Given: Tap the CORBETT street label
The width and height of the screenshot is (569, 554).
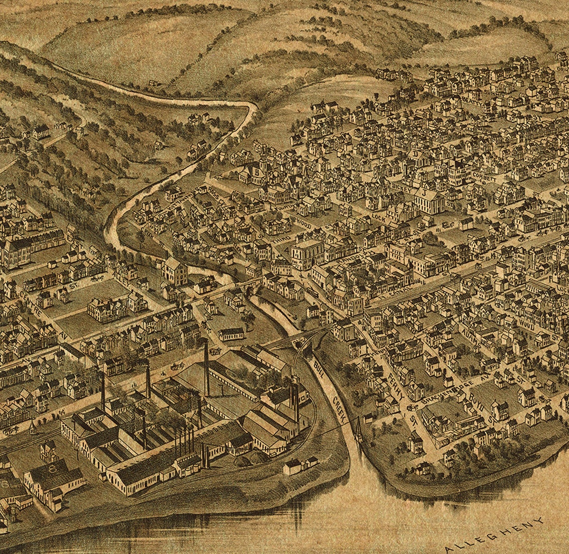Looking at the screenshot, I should (x=487, y=178).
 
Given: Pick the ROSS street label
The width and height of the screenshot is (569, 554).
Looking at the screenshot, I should (x=208, y=193).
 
